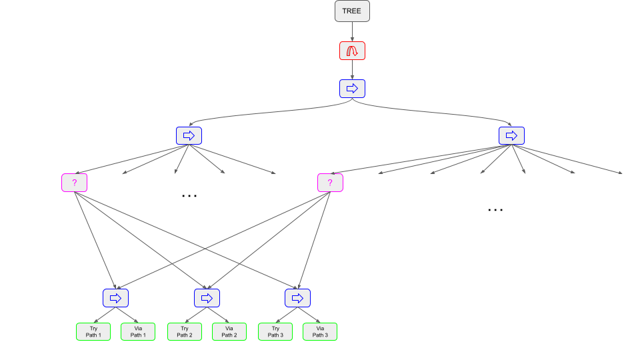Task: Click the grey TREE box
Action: pyautogui.click(x=352, y=11)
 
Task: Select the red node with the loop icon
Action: pyautogui.click(x=352, y=51)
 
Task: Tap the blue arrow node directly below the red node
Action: pyautogui.click(x=352, y=88)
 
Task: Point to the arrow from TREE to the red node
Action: pyautogui.click(x=352, y=31)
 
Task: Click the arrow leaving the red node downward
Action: pyautogui.click(x=352, y=69)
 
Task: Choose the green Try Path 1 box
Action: pyautogui.click(x=93, y=331)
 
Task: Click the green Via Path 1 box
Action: pyautogui.click(x=138, y=331)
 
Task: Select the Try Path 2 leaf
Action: pyautogui.click(x=185, y=331)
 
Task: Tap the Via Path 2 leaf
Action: pyautogui.click(x=229, y=331)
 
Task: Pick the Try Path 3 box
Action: pyautogui.click(x=275, y=331)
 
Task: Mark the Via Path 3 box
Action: pyautogui.click(x=320, y=331)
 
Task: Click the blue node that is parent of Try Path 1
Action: pyautogui.click(x=115, y=297)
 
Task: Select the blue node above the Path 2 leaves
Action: pyautogui.click(x=207, y=297)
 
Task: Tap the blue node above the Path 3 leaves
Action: pyautogui.click(x=297, y=297)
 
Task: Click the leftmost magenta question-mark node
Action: pyautogui.click(x=75, y=183)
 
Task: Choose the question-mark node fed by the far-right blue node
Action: pyautogui.click(x=330, y=183)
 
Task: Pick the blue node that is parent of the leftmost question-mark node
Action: pyautogui.click(x=189, y=135)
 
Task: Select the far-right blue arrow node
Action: pyautogui.click(x=511, y=135)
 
